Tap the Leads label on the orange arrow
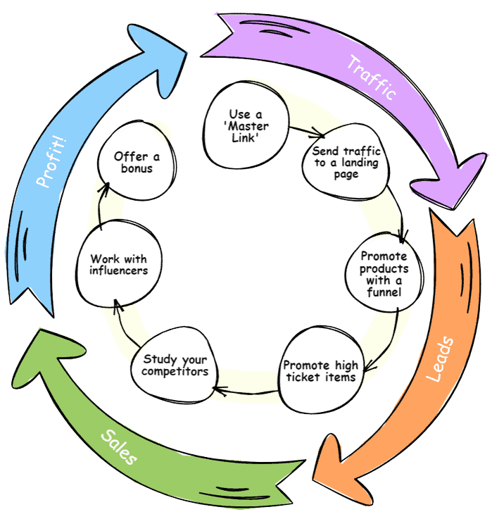coord(441,360)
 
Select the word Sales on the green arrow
coord(118,448)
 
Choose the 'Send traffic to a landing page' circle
coord(346,163)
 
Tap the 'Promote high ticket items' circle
coord(320,371)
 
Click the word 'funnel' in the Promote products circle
coord(384,291)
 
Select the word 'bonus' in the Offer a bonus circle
coord(137,169)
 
